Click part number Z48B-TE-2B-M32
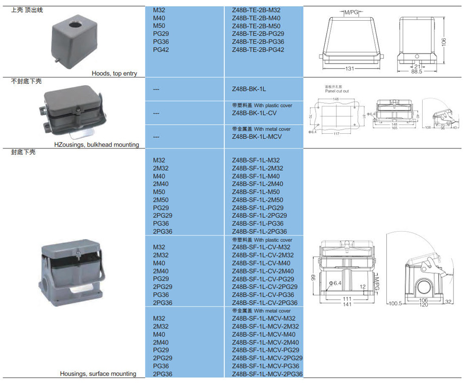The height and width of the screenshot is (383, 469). [x=256, y=10]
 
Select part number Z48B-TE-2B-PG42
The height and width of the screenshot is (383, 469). [x=258, y=50]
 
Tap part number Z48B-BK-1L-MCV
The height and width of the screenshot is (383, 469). [x=257, y=137]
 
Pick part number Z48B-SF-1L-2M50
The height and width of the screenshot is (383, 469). [x=257, y=200]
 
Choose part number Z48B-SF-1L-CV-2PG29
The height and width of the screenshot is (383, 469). [x=264, y=287]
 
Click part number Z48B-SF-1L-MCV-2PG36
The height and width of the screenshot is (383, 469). [x=267, y=374]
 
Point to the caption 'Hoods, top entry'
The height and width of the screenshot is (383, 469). [x=114, y=74]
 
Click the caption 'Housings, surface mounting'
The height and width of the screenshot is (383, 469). [x=98, y=374]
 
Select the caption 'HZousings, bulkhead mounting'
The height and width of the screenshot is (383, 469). [x=97, y=145]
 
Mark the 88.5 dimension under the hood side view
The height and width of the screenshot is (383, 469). [x=416, y=72]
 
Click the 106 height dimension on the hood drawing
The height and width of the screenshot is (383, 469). [x=444, y=42]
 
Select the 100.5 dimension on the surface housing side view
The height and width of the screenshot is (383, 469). [x=396, y=304]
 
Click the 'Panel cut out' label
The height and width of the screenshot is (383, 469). [x=336, y=91]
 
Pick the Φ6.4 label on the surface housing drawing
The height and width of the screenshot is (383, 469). [x=335, y=283]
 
